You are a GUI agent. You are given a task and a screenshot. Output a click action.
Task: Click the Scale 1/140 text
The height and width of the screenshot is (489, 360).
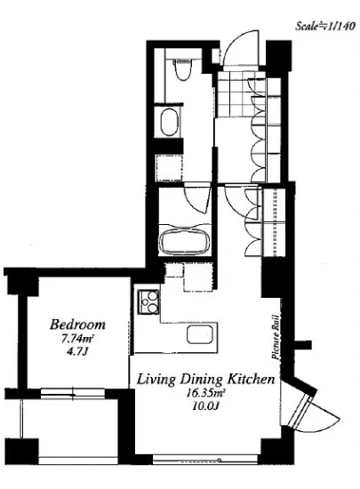pyautogui.click(x=325, y=26)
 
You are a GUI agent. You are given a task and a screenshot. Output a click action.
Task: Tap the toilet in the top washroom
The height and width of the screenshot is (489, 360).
pyautogui.click(x=182, y=69)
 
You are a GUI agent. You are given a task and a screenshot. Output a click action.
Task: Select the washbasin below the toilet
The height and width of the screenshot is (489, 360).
pyautogui.click(x=169, y=122)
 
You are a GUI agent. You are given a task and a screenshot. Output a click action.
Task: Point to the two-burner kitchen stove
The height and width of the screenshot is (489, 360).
pyautogui.click(x=148, y=301)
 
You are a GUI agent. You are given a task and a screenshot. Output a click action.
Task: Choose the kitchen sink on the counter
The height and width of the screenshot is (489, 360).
pyautogui.click(x=200, y=334)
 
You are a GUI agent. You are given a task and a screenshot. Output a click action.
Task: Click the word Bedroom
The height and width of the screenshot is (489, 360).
pyautogui.click(x=77, y=325)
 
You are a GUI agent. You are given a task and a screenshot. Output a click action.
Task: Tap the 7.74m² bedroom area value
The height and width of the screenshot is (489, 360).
pyautogui.click(x=77, y=339)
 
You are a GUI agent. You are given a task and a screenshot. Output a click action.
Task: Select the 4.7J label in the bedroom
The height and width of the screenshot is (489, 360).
pyautogui.click(x=78, y=352)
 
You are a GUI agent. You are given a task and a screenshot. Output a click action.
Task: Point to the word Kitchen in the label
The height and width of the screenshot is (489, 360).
pyautogui.click(x=252, y=379)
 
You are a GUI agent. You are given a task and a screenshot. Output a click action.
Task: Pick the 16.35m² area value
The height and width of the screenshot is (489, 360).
pyautogui.click(x=205, y=393)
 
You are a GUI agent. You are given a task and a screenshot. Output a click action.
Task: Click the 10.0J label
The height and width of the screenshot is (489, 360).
pyautogui.click(x=205, y=406)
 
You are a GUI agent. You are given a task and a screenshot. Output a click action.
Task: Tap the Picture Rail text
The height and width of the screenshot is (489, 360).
pyautogui.click(x=276, y=337)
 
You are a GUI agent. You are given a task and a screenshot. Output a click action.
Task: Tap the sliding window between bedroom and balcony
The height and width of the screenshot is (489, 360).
pyautogui.click(x=72, y=393)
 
